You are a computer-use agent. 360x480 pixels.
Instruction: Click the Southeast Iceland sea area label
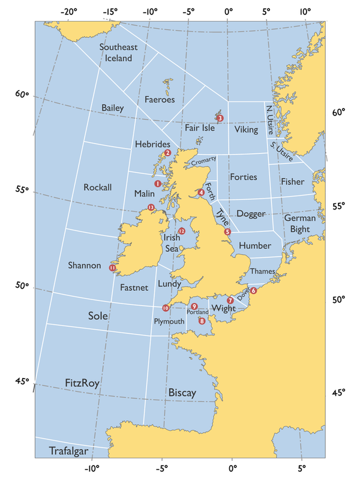click(x=118, y=53)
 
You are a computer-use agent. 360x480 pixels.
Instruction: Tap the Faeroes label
click(x=160, y=100)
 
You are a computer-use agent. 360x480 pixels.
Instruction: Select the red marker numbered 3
click(x=220, y=118)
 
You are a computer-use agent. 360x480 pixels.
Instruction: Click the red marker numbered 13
click(x=151, y=208)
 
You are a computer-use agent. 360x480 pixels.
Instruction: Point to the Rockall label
click(x=98, y=187)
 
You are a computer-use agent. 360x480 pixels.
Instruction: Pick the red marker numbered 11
click(x=113, y=268)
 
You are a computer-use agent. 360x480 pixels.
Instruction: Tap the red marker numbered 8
click(x=202, y=321)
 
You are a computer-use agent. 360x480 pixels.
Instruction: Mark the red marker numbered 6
click(x=254, y=290)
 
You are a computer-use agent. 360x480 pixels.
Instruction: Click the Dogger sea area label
click(x=251, y=214)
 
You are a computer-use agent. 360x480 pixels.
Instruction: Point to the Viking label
click(x=246, y=130)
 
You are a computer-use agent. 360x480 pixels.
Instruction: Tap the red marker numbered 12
click(x=181, y=231)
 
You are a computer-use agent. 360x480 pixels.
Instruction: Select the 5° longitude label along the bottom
click(x=301, y=469)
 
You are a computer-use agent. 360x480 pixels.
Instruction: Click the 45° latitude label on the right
click(x=339, y=394)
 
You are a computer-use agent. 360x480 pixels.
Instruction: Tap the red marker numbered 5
click(x=227, y=232)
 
